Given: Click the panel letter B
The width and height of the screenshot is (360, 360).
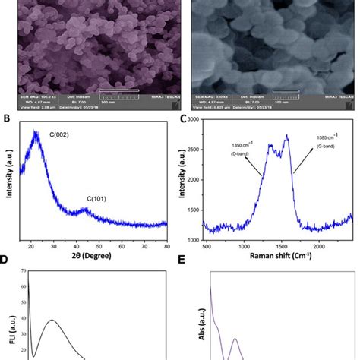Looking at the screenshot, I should [x=5, y=119].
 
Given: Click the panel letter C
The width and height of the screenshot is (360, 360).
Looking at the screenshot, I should [x=184, y=119].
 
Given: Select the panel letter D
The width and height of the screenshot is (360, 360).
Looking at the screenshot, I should [x=5, y=260].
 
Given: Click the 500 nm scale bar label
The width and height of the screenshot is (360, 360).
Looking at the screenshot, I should [x=121, y=103].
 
